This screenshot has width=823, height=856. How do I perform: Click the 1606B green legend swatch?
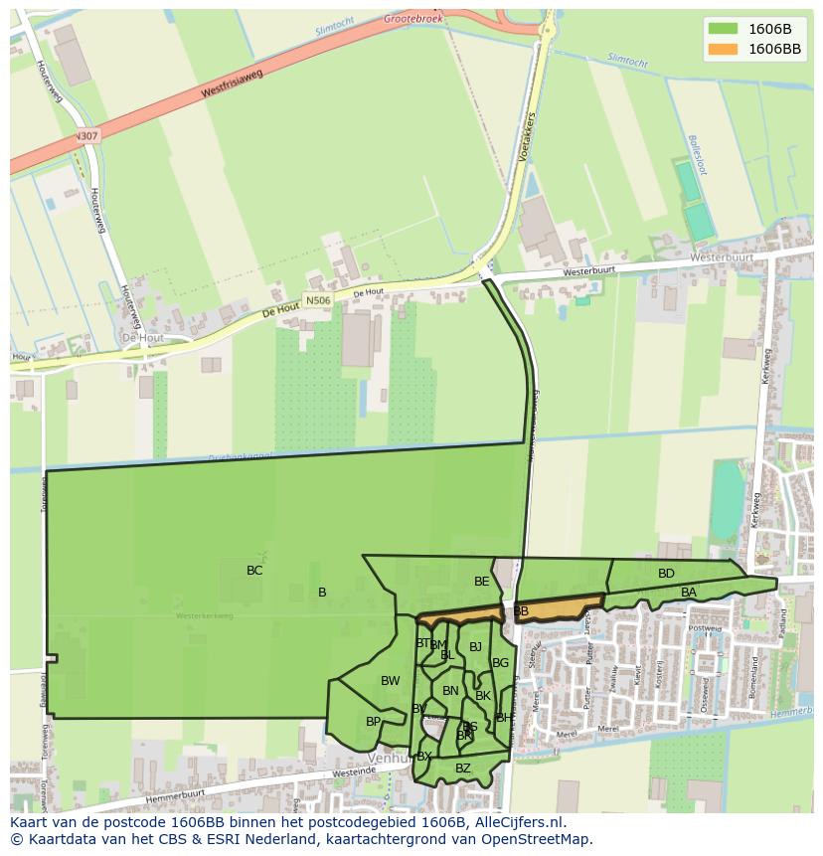pos(723,28)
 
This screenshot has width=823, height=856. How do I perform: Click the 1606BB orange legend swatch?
pos(723,49)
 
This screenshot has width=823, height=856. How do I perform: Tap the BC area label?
pos(254,571)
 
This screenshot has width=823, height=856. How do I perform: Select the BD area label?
pos(666,574)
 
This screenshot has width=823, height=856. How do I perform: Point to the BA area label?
pos(689,593)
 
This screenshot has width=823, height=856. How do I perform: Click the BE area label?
pos(482,582)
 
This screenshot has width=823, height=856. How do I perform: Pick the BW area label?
pos(390,681)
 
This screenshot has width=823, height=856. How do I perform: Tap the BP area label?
pos(373,722)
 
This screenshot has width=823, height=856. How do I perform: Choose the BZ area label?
pos(463,769)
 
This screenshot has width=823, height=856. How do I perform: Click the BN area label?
pos(450,691)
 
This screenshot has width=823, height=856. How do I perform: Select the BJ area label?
pos(475,647)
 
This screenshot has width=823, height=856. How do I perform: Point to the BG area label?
pos(500,663)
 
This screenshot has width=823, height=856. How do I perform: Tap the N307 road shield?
pos(86,136)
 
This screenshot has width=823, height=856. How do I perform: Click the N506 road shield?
pos(318,300)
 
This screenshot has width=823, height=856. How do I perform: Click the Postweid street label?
pos(705,628)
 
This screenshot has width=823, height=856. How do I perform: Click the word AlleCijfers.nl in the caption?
pos(518,822)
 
